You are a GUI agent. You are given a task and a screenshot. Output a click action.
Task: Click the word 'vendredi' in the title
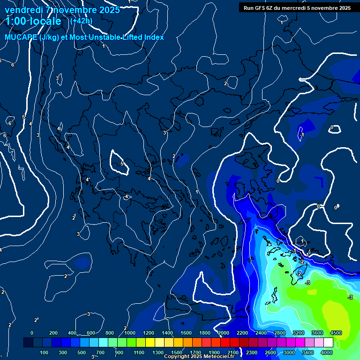point(24,10)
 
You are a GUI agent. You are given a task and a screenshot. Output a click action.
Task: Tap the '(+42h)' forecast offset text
point(81,21)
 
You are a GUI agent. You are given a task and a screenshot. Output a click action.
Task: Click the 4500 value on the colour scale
point(336,333)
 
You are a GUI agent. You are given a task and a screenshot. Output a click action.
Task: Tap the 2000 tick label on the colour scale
point(224,333)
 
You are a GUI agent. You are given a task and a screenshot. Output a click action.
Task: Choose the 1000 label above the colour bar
point(130,333)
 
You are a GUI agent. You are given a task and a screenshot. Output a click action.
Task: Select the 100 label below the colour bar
point(45,352)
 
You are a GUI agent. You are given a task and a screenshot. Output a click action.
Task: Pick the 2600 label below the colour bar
point(270,352)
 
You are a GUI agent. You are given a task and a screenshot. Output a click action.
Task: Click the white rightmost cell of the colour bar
point(328,343)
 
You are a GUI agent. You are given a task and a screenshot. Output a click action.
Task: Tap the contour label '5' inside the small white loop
point(122,164)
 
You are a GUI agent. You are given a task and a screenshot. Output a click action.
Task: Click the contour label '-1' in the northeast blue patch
point(302,135)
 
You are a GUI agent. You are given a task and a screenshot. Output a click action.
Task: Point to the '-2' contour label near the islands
point(299,273)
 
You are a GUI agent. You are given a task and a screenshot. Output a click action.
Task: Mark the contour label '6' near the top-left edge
point(13,65)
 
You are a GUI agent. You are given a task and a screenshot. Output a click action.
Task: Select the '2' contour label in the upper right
point(225,83)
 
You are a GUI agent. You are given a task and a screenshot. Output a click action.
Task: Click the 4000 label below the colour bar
point(327,352)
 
